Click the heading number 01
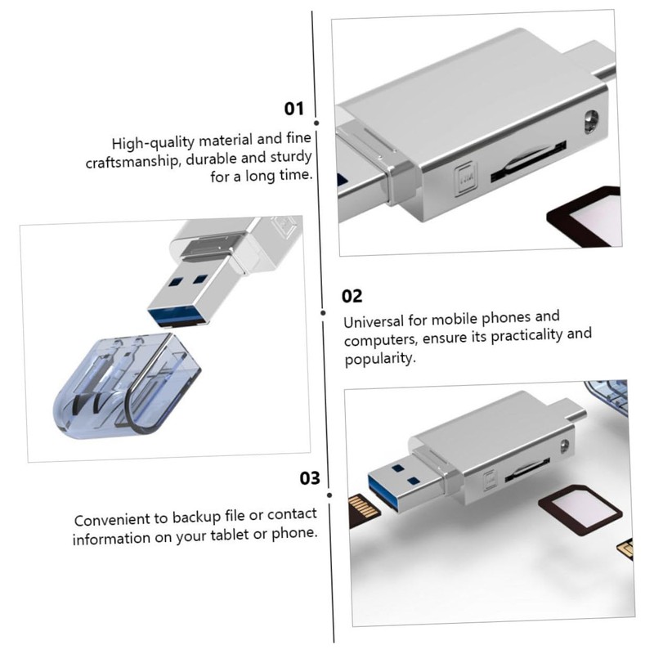294,110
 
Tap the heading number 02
352,296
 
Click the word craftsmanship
132,160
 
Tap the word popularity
380,359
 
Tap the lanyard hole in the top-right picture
587,124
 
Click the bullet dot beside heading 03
329,494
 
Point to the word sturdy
284,160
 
